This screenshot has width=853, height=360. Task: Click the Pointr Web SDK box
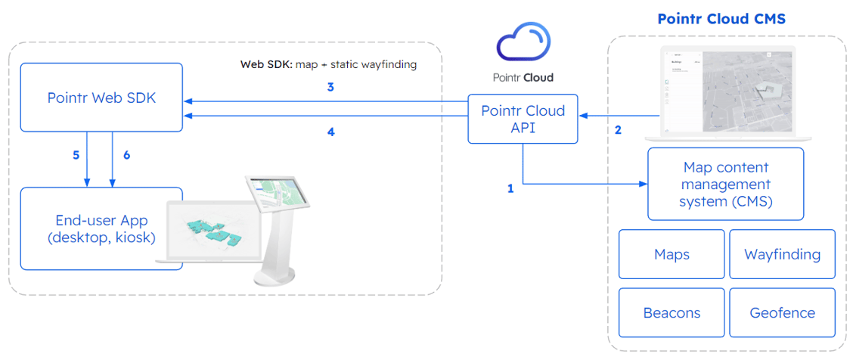pyautogui.click(x=101, y=98)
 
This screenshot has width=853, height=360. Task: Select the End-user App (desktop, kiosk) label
pyautogui.click(x=101, y=228)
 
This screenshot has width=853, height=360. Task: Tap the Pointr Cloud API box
pyautogui.click(x=523, y=119)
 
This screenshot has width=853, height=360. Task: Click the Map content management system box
pyautogui.click(x=725, y=184)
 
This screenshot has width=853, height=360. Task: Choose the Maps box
pyautogui.click(x=672, y=254)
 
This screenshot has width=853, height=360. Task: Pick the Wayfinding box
pyautogui.click(x=782, y=254)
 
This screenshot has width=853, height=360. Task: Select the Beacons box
pyautogui.click(x=672, y=312)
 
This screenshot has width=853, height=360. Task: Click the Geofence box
pyautogui.click(x=782, y=312)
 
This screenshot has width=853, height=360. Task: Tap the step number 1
pyautogui.click(x=510, y=188)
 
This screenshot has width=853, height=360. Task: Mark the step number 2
pyautogui.click(x=618, y=130)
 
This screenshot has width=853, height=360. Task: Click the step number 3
pyautogui.click(x=330, y=87)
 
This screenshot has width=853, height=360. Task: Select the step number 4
pyautogui.click(x=330, y=131)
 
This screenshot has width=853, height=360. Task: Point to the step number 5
pyautogui.click(x=76, y=155)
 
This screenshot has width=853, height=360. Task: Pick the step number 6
pyautogui.click(x=126, y=155)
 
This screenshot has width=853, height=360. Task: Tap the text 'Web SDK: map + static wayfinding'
pyautogui.click(x=328, y=64)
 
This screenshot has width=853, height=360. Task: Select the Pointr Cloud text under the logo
pyautogui.click(x=523, y=77)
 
